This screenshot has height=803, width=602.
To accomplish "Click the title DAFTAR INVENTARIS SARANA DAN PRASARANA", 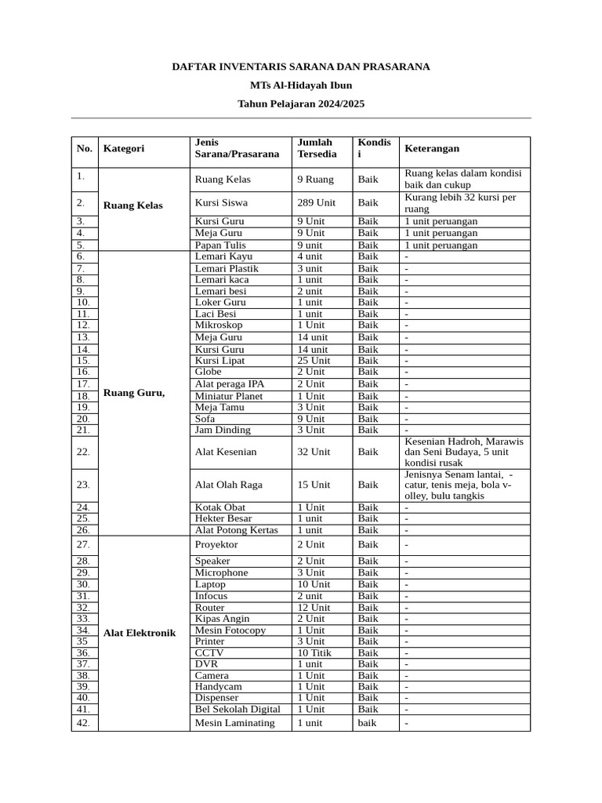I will (x=301, y=67).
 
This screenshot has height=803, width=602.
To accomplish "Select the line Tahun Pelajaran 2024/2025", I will (x=301, y=104).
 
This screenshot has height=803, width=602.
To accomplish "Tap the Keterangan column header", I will (x=432, y=148).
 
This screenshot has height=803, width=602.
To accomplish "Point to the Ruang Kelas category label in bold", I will (x=133, y=205).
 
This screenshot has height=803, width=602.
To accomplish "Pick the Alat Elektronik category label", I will (x=140, y=633).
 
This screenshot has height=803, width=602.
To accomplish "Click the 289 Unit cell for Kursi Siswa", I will (x=316, y=202).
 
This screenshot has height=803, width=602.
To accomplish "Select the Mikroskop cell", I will (x=219, y=325).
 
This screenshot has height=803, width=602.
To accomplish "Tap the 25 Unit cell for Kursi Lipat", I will (x=314, y=361).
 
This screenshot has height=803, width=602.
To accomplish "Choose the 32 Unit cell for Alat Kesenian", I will (x=314, y=452).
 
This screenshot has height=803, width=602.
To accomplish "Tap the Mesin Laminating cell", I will (x=234, y=723).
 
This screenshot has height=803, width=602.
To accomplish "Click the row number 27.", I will (x=84, y=544).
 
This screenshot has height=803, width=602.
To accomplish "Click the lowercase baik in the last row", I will (x=367, y=723).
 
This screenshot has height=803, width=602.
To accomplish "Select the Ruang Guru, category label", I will (x=134, y=393).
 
